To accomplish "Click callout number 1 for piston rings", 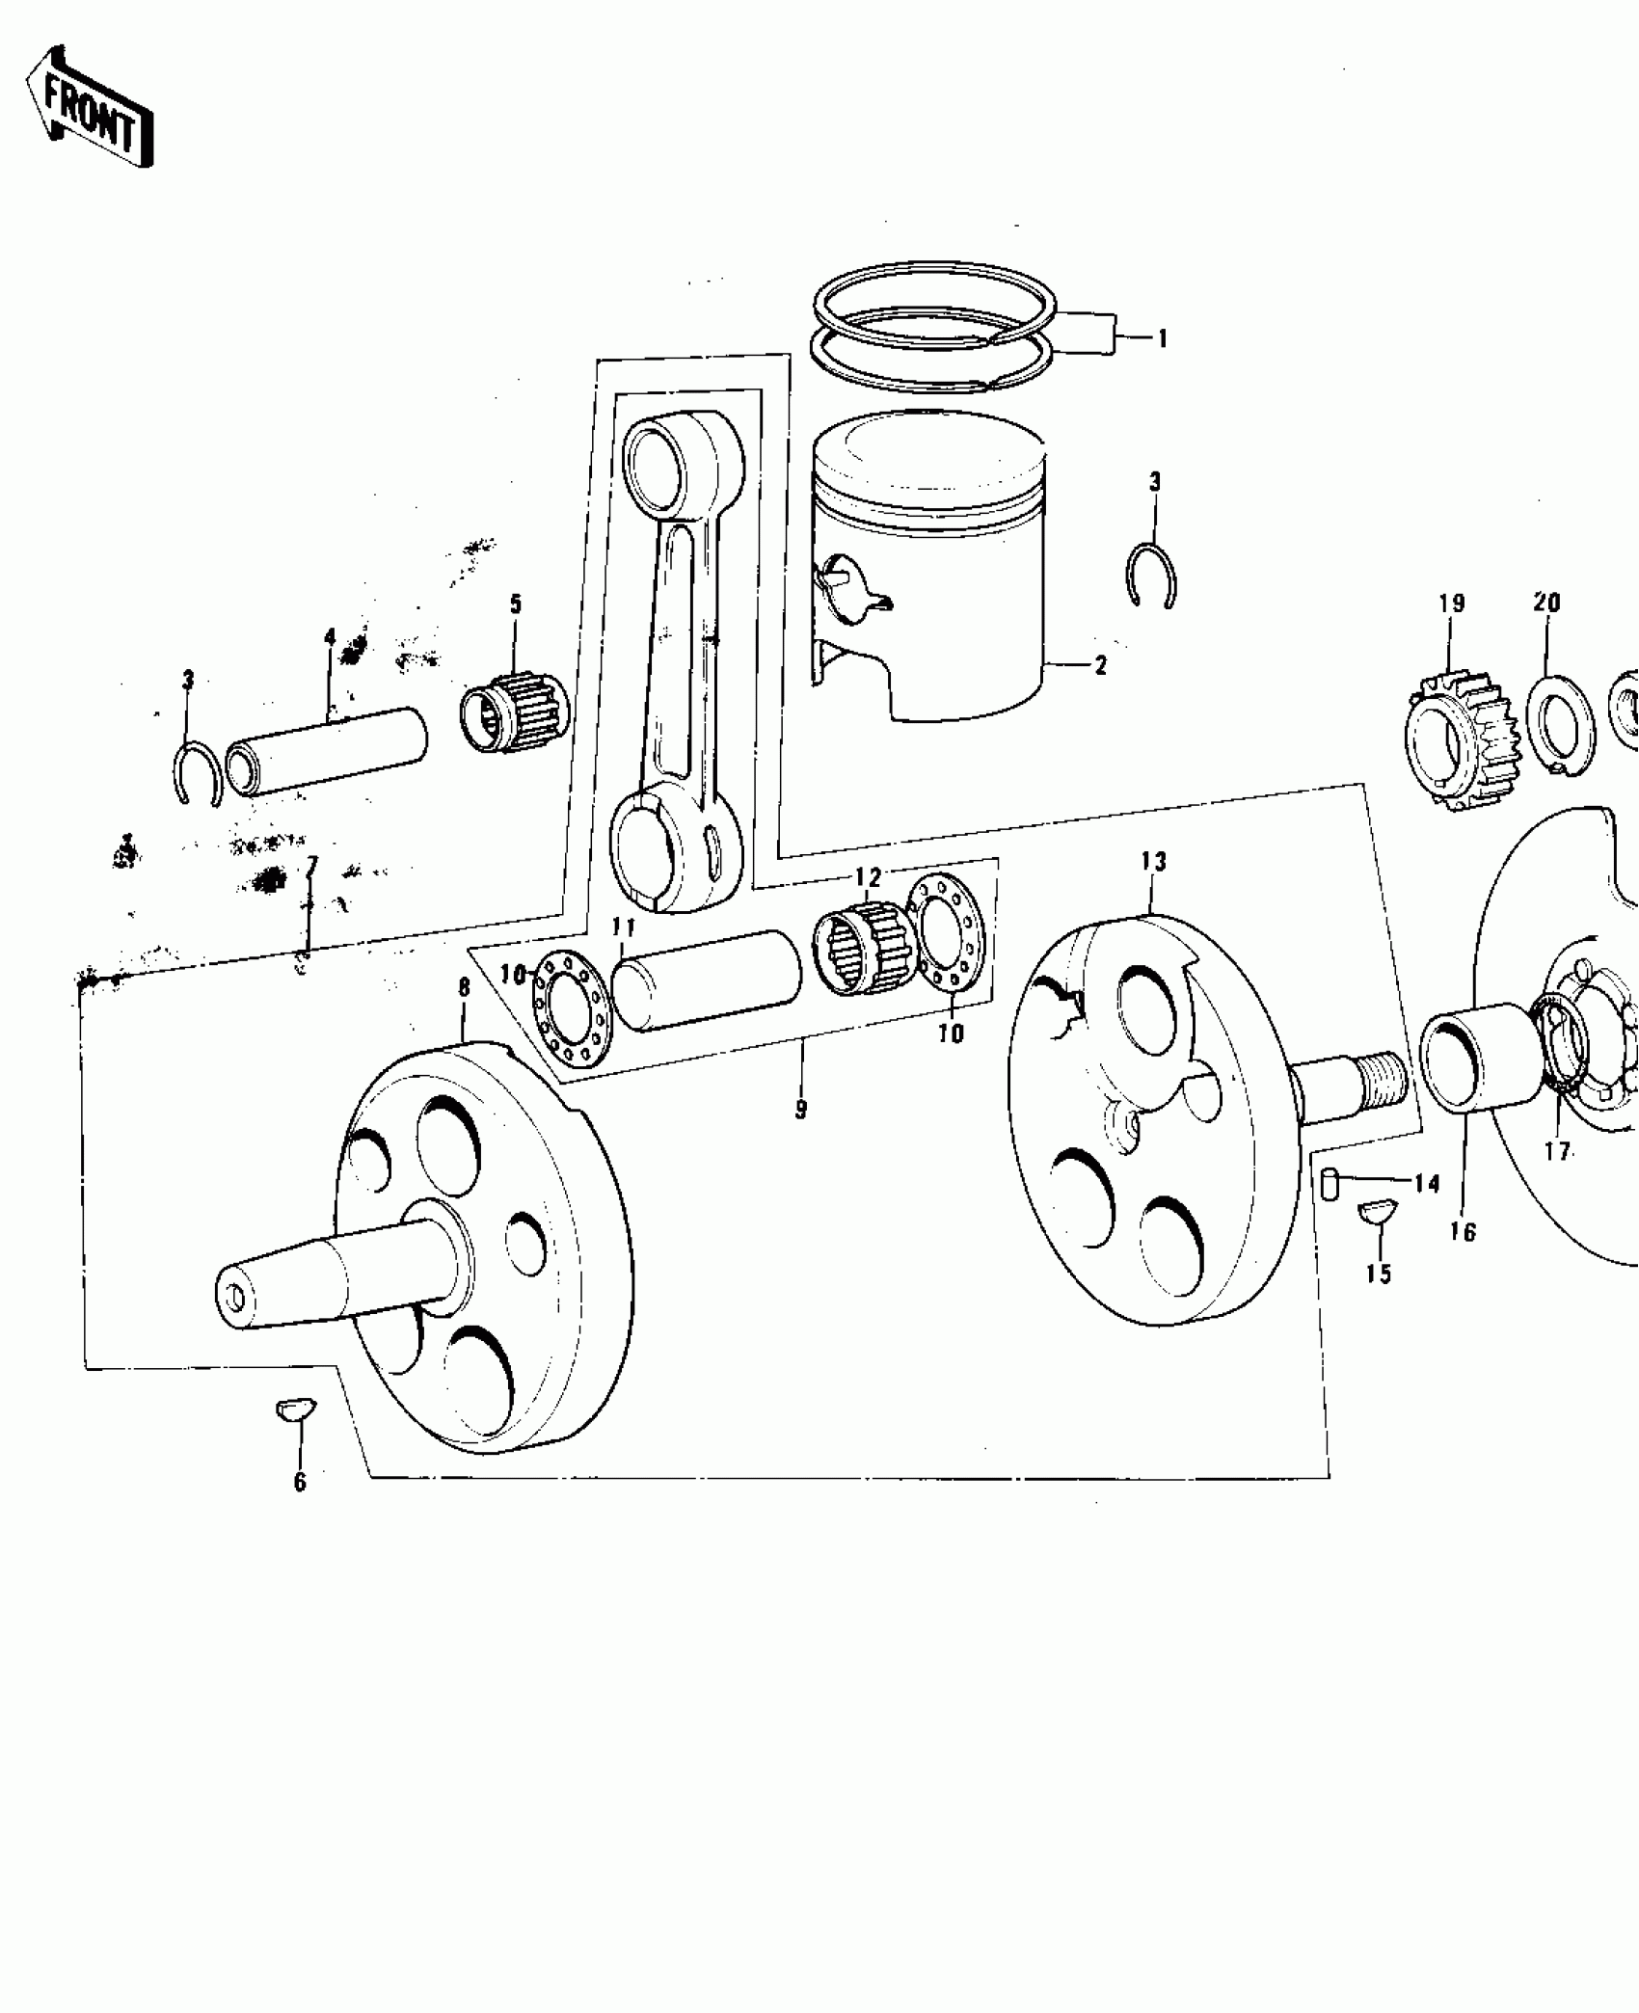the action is tap(1162, 337).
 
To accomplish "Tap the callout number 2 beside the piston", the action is tap(1101, 665).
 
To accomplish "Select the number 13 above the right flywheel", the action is tap(1153, 862).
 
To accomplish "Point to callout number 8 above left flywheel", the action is tap(464, 987).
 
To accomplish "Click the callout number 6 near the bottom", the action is tap(300, 1509).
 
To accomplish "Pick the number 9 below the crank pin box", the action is tap(801, 1109).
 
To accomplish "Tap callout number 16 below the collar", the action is tap(1463, 1232).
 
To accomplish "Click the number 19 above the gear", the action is tap(1452, 604).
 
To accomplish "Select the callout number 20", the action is tap(1546, 603).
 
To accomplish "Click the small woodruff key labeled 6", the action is tap(290, 1411).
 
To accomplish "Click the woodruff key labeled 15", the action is tap(1379, 1211).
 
